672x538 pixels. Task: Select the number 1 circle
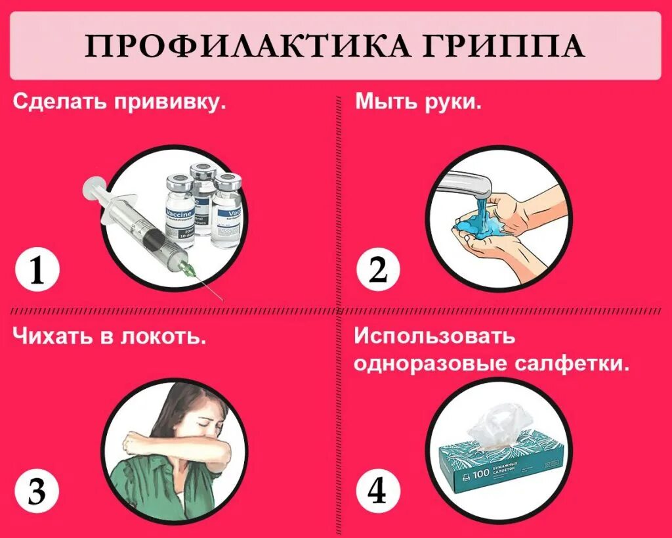(x=37, y=271)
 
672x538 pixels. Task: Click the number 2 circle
(x=379, y=271)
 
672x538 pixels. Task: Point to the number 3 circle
(x=37, y=491)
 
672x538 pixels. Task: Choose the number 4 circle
(x=379, y=491)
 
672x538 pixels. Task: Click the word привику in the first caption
(x=173, y=103)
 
